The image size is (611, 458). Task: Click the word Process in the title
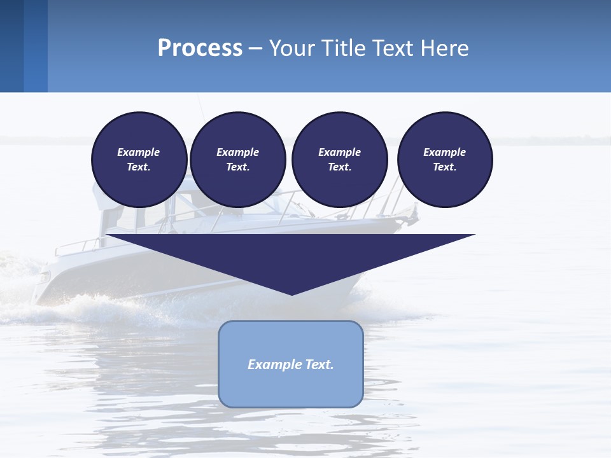[200, 48]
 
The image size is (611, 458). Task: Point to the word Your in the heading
[293, 48]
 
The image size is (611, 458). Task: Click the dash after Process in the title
[256, 48]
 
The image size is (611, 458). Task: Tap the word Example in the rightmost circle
[444, 152]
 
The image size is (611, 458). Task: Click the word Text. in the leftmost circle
[139, 167]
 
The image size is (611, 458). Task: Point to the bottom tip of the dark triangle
[291, 294]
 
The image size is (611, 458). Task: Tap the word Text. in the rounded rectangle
[320, 364]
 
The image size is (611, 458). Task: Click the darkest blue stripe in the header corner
[11, 46]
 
